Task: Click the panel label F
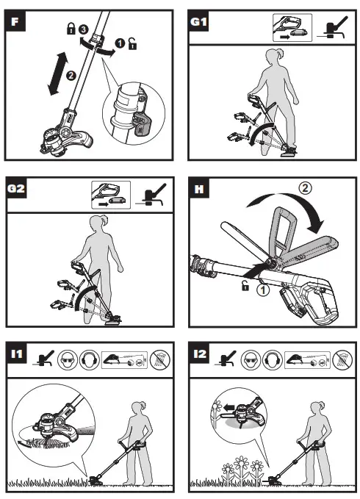(x=15, y=21)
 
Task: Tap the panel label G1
(x=199, y=21)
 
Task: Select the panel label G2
(x=16, y=188)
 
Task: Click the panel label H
(x=199, y=189)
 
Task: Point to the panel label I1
(x=17, y=353)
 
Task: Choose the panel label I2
(x=200, y=353)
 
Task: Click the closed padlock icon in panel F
(x=71, y=29)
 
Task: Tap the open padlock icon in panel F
(x=132, y=43)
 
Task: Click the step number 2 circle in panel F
(x=71, y=76)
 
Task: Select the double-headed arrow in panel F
(x=57, y=73)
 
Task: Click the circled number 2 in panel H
(x=305, y=188)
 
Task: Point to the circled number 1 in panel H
(x=263, y=290)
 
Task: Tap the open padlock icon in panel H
(x=245, y=286)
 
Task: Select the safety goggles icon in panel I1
(x=68, y=360)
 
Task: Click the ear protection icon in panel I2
(x=273, y=360)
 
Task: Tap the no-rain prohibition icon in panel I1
(x=159, y=360)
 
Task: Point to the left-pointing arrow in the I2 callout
(x=228, y=407)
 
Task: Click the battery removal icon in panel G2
(x=111, y=195)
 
